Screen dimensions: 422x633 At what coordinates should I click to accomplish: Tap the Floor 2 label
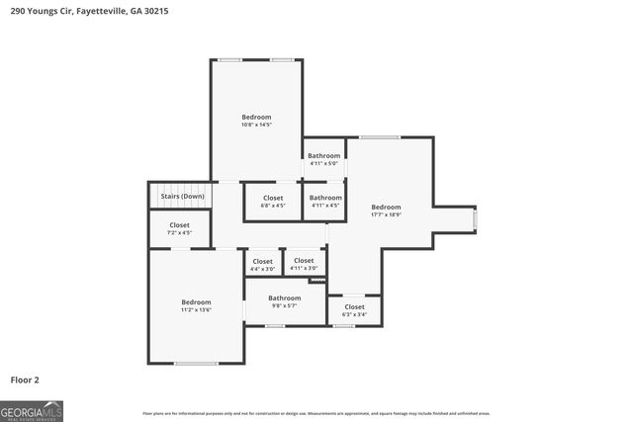(x=25, y=379)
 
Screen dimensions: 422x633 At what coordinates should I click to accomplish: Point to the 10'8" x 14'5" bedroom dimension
(x=256, y=125)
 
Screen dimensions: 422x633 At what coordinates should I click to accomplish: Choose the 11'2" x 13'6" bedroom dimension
(x=196, y=310)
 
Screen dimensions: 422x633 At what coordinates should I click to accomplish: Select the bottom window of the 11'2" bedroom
(x=196, y=364)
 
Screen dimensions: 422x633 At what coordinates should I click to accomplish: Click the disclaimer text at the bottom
(x=316, y=413)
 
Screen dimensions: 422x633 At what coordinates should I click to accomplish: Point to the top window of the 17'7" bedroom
(x=379, y=137)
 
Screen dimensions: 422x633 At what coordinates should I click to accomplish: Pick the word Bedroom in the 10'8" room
(x=256, y=117)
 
